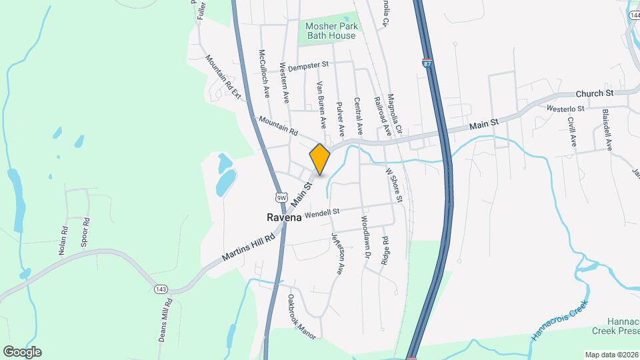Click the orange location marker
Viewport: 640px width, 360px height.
(320, 159)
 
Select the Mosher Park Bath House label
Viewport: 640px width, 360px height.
(331, 31)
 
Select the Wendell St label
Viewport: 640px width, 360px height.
(322, 213)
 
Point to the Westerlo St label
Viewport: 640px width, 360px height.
(565, 108)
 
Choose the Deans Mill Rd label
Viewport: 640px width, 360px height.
(166, 321)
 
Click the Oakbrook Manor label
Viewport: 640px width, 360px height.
(301, 317)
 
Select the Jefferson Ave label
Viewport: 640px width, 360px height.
(339, 254)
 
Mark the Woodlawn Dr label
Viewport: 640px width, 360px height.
(365, 237)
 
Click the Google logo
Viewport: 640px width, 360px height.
(22, 352)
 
